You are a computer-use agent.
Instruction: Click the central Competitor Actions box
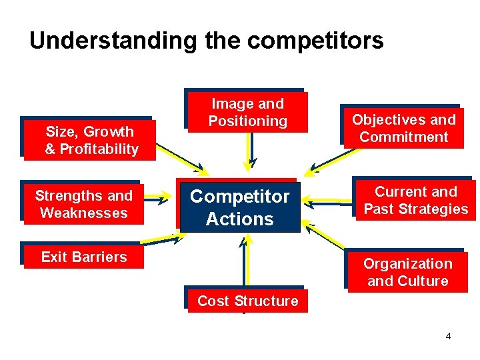click(x=239, y=207)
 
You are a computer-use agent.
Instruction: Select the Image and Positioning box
click(x=247, y=112)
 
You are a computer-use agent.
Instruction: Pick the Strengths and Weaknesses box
click(x=83, y=204)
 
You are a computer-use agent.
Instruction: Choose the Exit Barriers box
click(x=83, y=257)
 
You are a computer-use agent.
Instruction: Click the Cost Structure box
click(x=247, y=301)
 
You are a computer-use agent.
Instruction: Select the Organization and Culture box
click(x=407, y=272)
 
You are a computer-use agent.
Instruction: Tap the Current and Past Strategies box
click(x=415, y=201)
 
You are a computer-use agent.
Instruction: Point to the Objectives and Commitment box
click(x=403, y=128)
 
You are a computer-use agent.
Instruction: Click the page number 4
click(x=448, y=336)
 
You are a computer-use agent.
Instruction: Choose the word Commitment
click(x=404, y=137)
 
